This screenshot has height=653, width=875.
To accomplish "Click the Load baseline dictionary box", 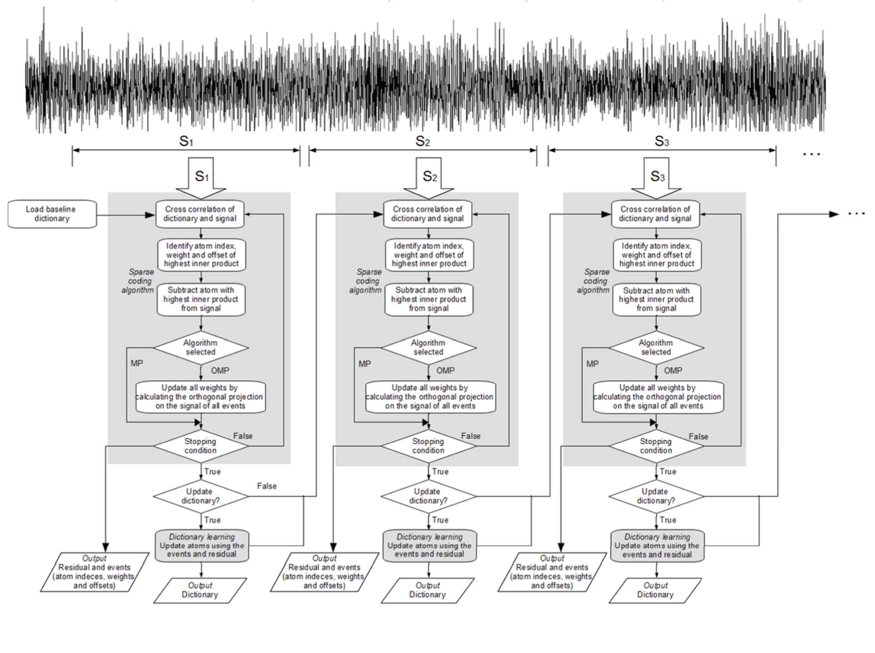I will click(x=52, y=214).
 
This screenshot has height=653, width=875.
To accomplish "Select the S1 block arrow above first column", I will click(x=201, y=177).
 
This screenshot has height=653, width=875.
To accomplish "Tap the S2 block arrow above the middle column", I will click(x=429, y=177).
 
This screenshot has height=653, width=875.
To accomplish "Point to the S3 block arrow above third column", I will click(x=656, y=177).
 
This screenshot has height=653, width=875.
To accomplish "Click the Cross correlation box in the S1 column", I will click(x=200, y=214).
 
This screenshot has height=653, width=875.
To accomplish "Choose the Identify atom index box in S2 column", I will click(x=429, y=255).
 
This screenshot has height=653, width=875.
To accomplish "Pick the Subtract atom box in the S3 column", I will click(x=656, y=299).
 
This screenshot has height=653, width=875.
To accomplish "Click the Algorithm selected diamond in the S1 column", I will click(x=201, y=348).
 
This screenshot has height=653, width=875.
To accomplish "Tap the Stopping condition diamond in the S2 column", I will click(x=428, y=446).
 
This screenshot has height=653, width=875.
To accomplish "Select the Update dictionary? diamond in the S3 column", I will click(x=656, y=496).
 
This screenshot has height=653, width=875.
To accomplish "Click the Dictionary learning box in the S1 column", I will click(x=202, y=545).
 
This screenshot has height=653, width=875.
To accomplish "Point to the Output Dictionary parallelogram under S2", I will click(x=427, y=590).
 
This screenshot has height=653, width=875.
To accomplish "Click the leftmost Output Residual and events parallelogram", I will click(x=95, y=572).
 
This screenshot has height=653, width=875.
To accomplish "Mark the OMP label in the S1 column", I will click(x=220, y=371).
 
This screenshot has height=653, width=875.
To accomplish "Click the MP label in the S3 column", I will click(x=592, y=364).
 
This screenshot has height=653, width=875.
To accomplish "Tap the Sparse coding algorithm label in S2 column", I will click(x=367, y=281).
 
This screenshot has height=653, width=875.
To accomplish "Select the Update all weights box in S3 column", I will click(x=658, y=397).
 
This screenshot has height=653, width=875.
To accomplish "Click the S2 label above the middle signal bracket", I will click(x=422, y=141).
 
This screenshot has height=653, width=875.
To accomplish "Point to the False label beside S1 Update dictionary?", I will click(x=267, y=486).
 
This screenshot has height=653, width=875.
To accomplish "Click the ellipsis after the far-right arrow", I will click(x=856, y=214).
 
